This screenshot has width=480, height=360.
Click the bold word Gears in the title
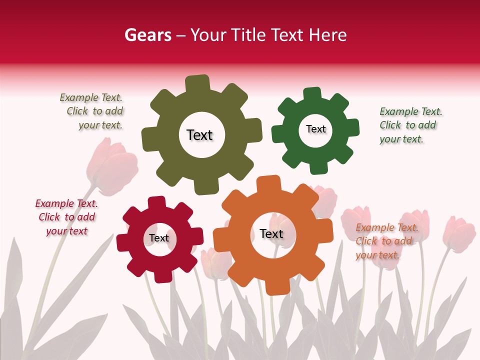pos(147,35)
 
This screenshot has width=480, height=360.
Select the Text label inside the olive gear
pos(199,135)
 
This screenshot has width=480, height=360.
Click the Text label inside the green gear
pos(315,129)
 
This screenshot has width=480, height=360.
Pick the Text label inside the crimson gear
pos(159,238)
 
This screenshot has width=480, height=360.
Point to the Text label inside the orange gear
pos(271,234)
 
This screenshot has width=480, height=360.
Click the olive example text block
pos(92,111)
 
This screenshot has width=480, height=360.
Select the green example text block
pos(410,125)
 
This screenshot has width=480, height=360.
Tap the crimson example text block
pos(66,217)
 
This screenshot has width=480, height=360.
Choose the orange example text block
pos(384,241)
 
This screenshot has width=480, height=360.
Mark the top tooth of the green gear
pos(312,93)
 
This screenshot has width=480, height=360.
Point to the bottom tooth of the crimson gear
pos(162,276)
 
